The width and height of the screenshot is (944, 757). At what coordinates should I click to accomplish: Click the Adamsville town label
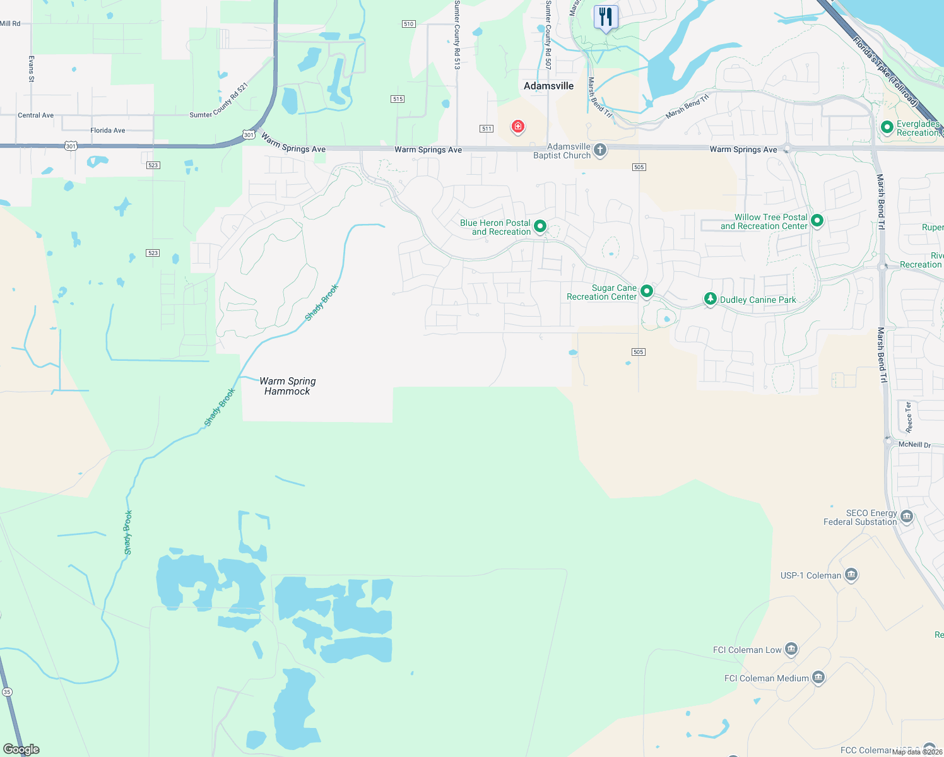[548, 86]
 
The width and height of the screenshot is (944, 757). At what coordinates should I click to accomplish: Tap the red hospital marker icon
[518, 127]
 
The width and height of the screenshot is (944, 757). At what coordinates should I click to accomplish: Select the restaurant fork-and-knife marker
[606, 17]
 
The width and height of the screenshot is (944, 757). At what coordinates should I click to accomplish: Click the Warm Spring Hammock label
[288, 386]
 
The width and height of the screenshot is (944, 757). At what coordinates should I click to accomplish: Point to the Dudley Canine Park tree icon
[711, 299]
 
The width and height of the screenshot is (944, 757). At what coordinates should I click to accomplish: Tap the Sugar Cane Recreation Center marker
[647, 291]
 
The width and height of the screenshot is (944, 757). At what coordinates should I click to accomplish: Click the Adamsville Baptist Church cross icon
[600, 150]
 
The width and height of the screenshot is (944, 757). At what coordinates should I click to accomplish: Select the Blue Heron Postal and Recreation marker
[540, 226]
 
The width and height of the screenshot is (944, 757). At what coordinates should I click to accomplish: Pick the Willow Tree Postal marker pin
[817, 220]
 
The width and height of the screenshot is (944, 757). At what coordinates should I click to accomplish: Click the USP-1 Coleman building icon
[851, 575]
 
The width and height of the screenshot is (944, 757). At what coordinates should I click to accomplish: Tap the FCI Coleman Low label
[747, 650]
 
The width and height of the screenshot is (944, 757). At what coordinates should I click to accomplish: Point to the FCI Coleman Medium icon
[818, 678]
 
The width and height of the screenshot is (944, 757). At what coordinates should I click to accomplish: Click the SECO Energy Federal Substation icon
[907, 517]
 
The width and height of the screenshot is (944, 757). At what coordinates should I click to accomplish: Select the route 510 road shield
[408, 24]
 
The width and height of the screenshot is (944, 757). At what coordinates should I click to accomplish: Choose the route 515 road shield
[398, 99]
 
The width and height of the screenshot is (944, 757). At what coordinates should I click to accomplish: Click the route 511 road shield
[486, 129]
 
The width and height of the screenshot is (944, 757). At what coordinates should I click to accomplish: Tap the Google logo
[21, 749]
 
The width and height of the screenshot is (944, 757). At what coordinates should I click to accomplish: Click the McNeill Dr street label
[914, 445]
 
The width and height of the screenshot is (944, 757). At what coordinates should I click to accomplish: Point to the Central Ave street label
[36, 115]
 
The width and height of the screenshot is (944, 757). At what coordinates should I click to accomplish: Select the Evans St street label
[31, 69]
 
